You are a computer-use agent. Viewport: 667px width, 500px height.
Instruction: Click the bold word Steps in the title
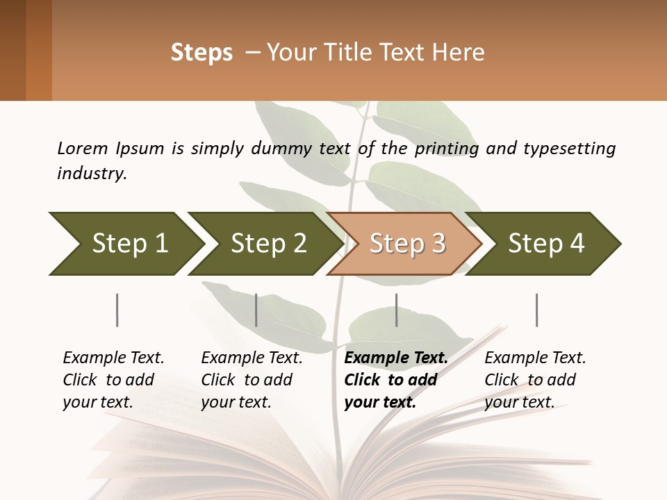click(x=201, y=53)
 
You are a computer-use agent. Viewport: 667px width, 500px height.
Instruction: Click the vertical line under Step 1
click(x=117, y=310)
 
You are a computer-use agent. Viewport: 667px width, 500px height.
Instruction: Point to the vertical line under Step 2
click(x=256, y=310)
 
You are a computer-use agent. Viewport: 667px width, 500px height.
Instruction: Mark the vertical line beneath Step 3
click(x=396, y=310)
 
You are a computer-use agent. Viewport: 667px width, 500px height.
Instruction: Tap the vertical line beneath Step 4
click(x=536, y=310)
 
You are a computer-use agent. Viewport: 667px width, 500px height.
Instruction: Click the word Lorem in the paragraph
click(x=83, y=148)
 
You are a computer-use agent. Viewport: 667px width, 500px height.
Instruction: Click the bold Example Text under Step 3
click(x=396, y=358)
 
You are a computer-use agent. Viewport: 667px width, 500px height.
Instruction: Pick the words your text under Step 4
click(x=519, y=402)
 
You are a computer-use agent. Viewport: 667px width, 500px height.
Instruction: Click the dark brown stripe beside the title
click(x=13, y=50)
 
